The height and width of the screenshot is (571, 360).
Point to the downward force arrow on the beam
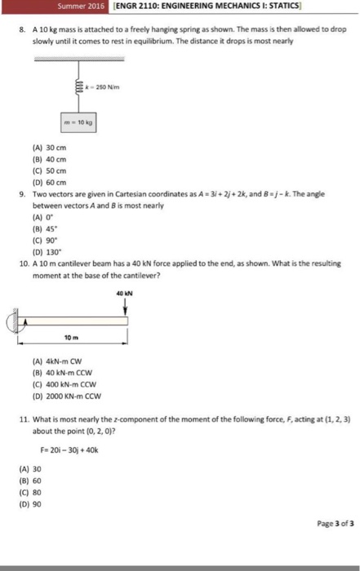click(126, 305)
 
